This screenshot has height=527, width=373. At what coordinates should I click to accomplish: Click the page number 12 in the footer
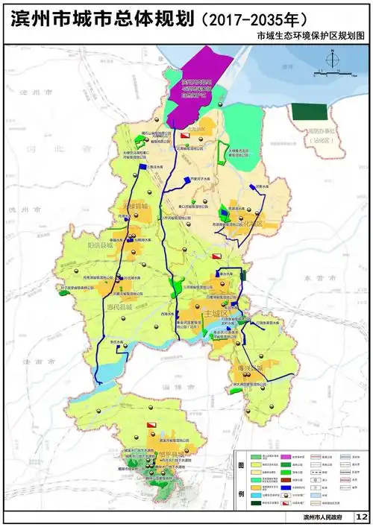pos(361,517)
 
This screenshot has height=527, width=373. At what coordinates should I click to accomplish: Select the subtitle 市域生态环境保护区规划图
pos(313,36)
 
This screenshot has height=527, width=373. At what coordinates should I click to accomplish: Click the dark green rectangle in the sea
pos(309,112)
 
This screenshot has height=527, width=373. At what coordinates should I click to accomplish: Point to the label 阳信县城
pos(99,244)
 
